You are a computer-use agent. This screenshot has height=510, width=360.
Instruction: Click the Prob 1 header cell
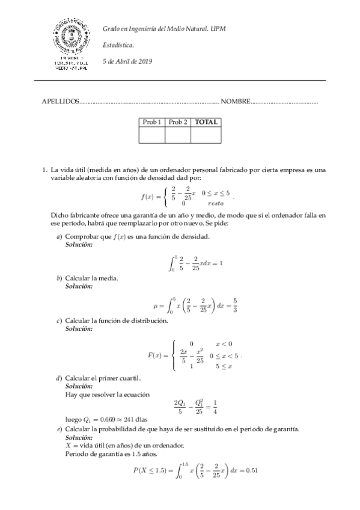(x=151, y=122)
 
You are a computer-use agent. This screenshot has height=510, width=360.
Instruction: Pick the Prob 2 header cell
(x=178, y=122)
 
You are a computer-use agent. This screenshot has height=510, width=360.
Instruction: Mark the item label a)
(x=59, y=237)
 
